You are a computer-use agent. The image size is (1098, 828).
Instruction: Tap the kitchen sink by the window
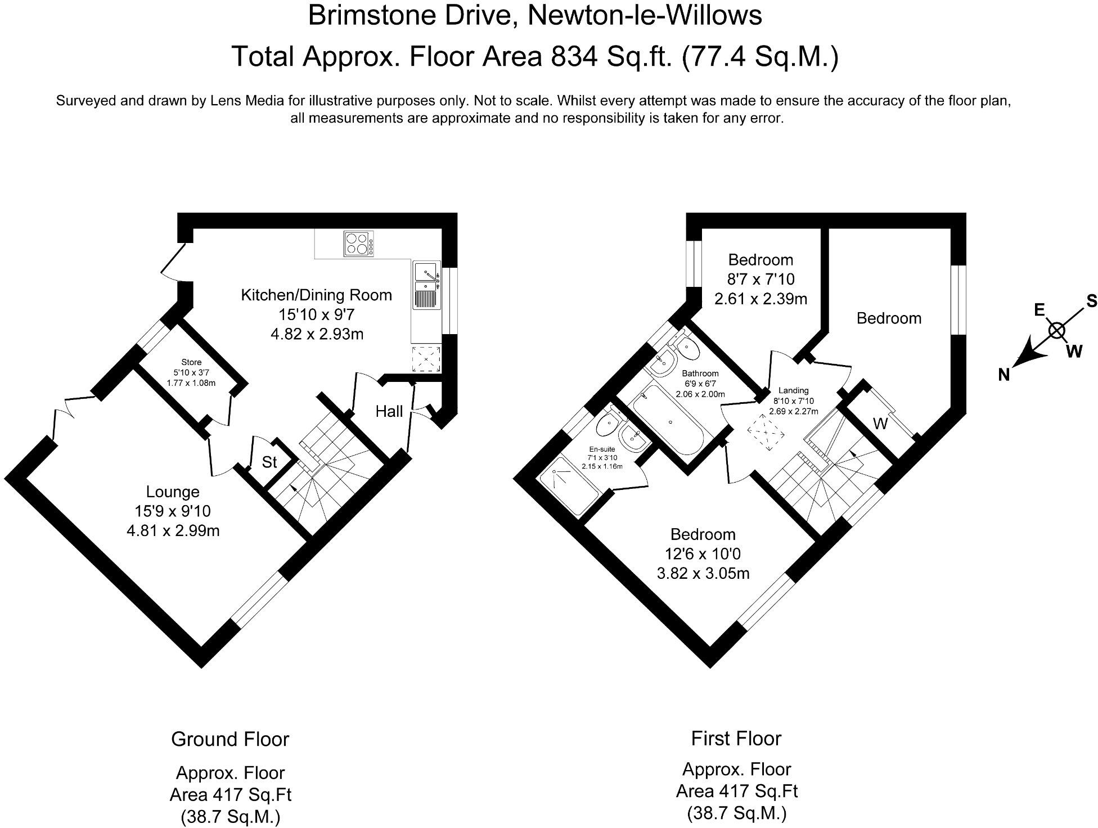[x=426, y=286]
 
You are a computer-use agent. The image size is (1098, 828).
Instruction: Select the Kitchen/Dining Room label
[x=316, y=295]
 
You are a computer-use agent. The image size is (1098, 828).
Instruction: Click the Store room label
[x=191, y=362]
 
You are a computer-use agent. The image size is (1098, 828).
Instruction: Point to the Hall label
[x=389, y=412]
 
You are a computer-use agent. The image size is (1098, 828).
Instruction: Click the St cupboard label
[x=269, y=462]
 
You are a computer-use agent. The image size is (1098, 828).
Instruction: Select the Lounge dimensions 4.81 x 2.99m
[x=173, y=530]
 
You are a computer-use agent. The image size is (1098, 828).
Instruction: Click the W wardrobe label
[x=880, y=424]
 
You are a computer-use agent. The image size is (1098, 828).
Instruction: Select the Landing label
[x=793, y=390]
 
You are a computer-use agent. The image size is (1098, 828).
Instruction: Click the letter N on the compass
[x=1004, y=375]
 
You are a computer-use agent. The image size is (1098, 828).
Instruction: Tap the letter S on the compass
[x=1091, y=301]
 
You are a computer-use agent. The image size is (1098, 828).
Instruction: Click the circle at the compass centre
[x=1057, y=331]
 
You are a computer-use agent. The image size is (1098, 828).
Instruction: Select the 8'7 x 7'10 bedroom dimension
[x=760, y=279]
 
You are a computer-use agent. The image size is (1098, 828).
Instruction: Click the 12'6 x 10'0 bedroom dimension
[x=703, y=554]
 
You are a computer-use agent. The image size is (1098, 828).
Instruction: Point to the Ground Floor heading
[x=230, y=739]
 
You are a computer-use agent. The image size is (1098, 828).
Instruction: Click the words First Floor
[x=736, y=738]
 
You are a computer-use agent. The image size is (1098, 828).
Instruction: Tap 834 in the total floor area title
[x=573, y=56]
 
